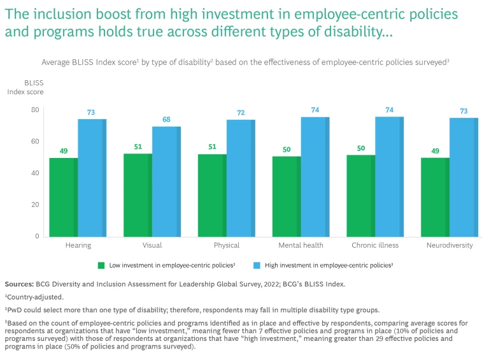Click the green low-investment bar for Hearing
(x=63, y=197)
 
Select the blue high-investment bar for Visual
(x=166, y=181)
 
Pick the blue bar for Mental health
(x=315, y=176)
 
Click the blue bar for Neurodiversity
(x=464, y=177)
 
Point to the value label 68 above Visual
(x=166, y=120)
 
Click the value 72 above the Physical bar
(x=241, y=112)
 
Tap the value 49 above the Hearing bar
(x=63, y=150)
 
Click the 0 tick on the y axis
(x=37, y=236)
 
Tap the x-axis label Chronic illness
(x=375, y=245)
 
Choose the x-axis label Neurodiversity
(x=450, y=245)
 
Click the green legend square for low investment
(x=101, y=264)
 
